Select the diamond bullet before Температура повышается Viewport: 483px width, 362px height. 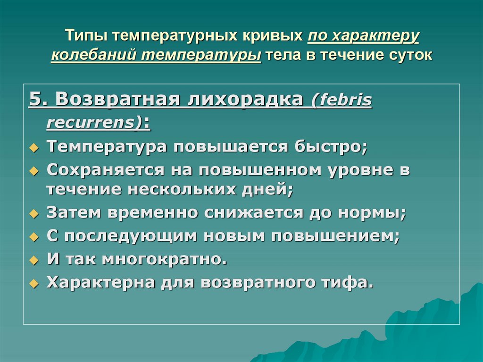pyautogui.click(x=33, y=147)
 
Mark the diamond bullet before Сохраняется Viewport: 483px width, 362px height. pyautogui.click(x=33, y=171)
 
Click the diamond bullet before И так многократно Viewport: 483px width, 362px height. pyautogui.click(x=33, y=260)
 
